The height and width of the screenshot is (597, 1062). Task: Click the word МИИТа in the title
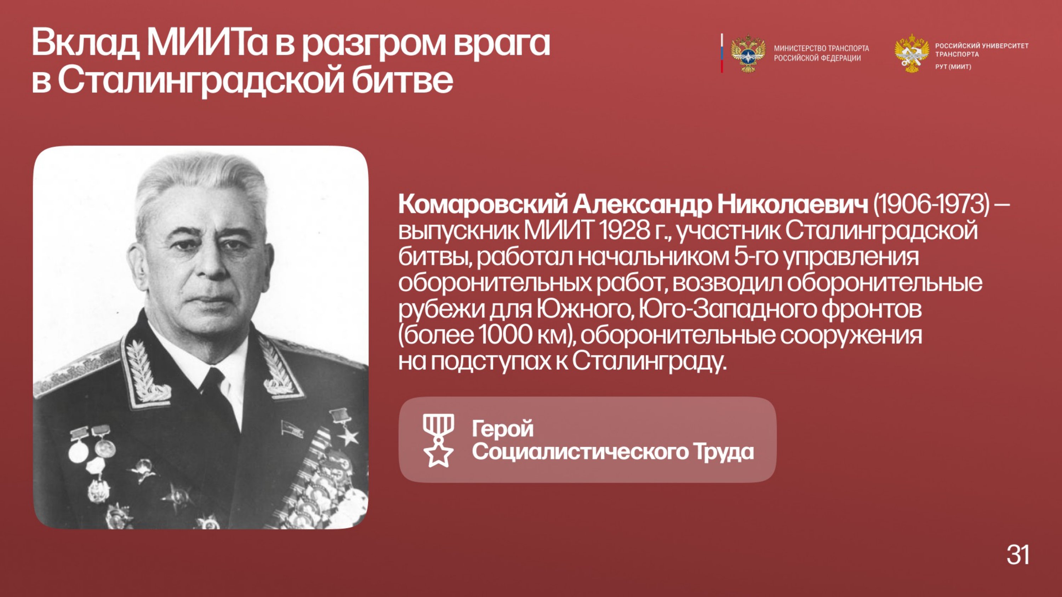pos(207,42)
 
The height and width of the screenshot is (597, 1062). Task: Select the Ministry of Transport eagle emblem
pos(748,53)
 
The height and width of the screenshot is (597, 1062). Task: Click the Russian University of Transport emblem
pos(912,53)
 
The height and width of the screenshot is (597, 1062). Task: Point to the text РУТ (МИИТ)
pos(953,67)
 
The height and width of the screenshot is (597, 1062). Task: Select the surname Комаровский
pos(483,205)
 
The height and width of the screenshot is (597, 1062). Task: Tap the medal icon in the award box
pos(438,440)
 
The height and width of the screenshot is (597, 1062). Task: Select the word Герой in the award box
pos(503,429)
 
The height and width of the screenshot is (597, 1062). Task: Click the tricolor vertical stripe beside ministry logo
pos(722,53)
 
